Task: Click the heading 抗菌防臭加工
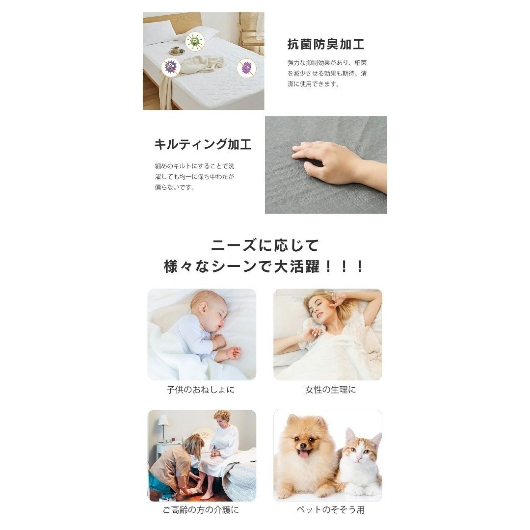pos(325,45)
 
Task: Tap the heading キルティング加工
pos(202,144)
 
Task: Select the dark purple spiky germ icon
pos(171,66)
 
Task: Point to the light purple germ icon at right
pos(246,67)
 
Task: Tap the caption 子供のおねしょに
pos(200,390)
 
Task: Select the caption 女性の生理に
pos(330,390)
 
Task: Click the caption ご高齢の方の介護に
pos(201,510)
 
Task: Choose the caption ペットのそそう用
pos(330,510)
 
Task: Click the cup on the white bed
pos(175,50)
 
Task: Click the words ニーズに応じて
pos(265,245)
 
